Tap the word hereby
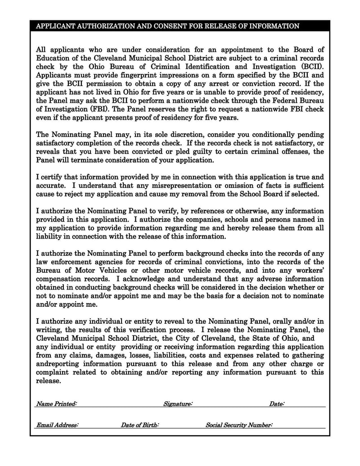point(236,228)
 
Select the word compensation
point(58,279)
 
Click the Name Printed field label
point(56,404)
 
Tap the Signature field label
point(178,404)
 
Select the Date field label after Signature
point(276,404)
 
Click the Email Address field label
point(58,425)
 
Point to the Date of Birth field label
point(139,425)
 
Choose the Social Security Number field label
point(239,425)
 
